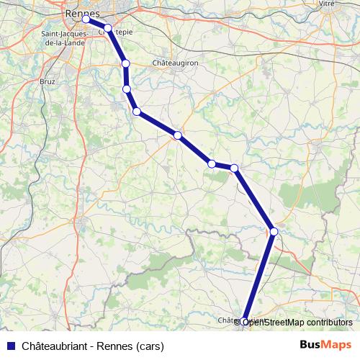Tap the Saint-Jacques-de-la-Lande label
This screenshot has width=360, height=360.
pyautogui.click(x=63, y=38)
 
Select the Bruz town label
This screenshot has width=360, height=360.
pyautogui.click(x=48, y=81)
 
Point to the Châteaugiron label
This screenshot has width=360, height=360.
pyautogui.click(x=175, y=63)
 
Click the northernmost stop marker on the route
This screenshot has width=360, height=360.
pyautogui.click(x=86, y=19)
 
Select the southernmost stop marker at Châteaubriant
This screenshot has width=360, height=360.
pyautogui.click(x=245, y=322)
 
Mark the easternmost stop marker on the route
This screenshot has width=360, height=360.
pyautogui.click(x=274, y=231)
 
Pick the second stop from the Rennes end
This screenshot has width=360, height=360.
pyautogui.click(x=108, y=28)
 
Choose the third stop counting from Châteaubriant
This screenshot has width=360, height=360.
pyautogui.click(x=235, y=168)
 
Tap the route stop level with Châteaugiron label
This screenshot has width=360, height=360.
pyautogui.click(x=126, y=63)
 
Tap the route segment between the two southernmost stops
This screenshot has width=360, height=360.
pyautogui.click(x=260, y=276)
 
